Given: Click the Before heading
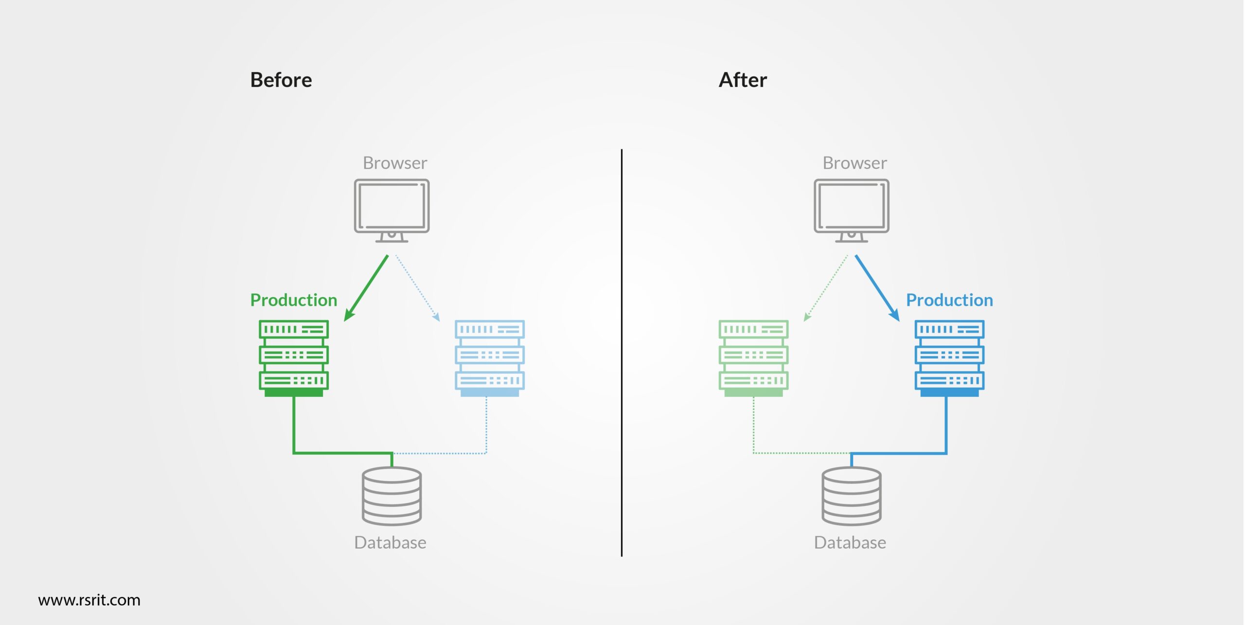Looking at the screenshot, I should [x=281, y=80].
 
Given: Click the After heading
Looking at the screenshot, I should [x=743, y=80].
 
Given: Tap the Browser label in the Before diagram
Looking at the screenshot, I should [x=395, y=163].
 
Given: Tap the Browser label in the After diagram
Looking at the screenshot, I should [x=854, y=163].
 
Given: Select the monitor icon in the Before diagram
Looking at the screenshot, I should [x=391, y=209].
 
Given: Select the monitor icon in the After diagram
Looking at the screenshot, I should [x=852, y=209].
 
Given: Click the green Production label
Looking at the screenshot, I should [x=294, y=300].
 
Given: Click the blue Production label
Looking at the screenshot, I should [x=949, y=300].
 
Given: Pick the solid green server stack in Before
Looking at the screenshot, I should [x=294, y=357].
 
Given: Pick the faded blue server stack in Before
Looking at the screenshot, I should [x=489, y=357].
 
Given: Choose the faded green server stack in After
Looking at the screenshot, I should [x=753, y=357].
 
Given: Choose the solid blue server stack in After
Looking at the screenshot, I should [x=949, y=357].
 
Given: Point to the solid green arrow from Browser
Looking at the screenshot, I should [x=366, y=288].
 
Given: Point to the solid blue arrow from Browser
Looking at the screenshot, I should [x=877, y=288].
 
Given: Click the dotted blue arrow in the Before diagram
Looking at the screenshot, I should [x=417, y=288].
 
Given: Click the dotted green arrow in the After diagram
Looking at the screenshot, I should [x=826, y=288].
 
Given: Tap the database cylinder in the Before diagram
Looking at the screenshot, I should [x=391, y=496].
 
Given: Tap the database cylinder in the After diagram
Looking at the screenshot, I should [x=852, y=496].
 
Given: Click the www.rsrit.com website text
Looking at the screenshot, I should [x=89, y=600].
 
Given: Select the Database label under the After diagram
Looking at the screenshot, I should [x=850, y=542].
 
